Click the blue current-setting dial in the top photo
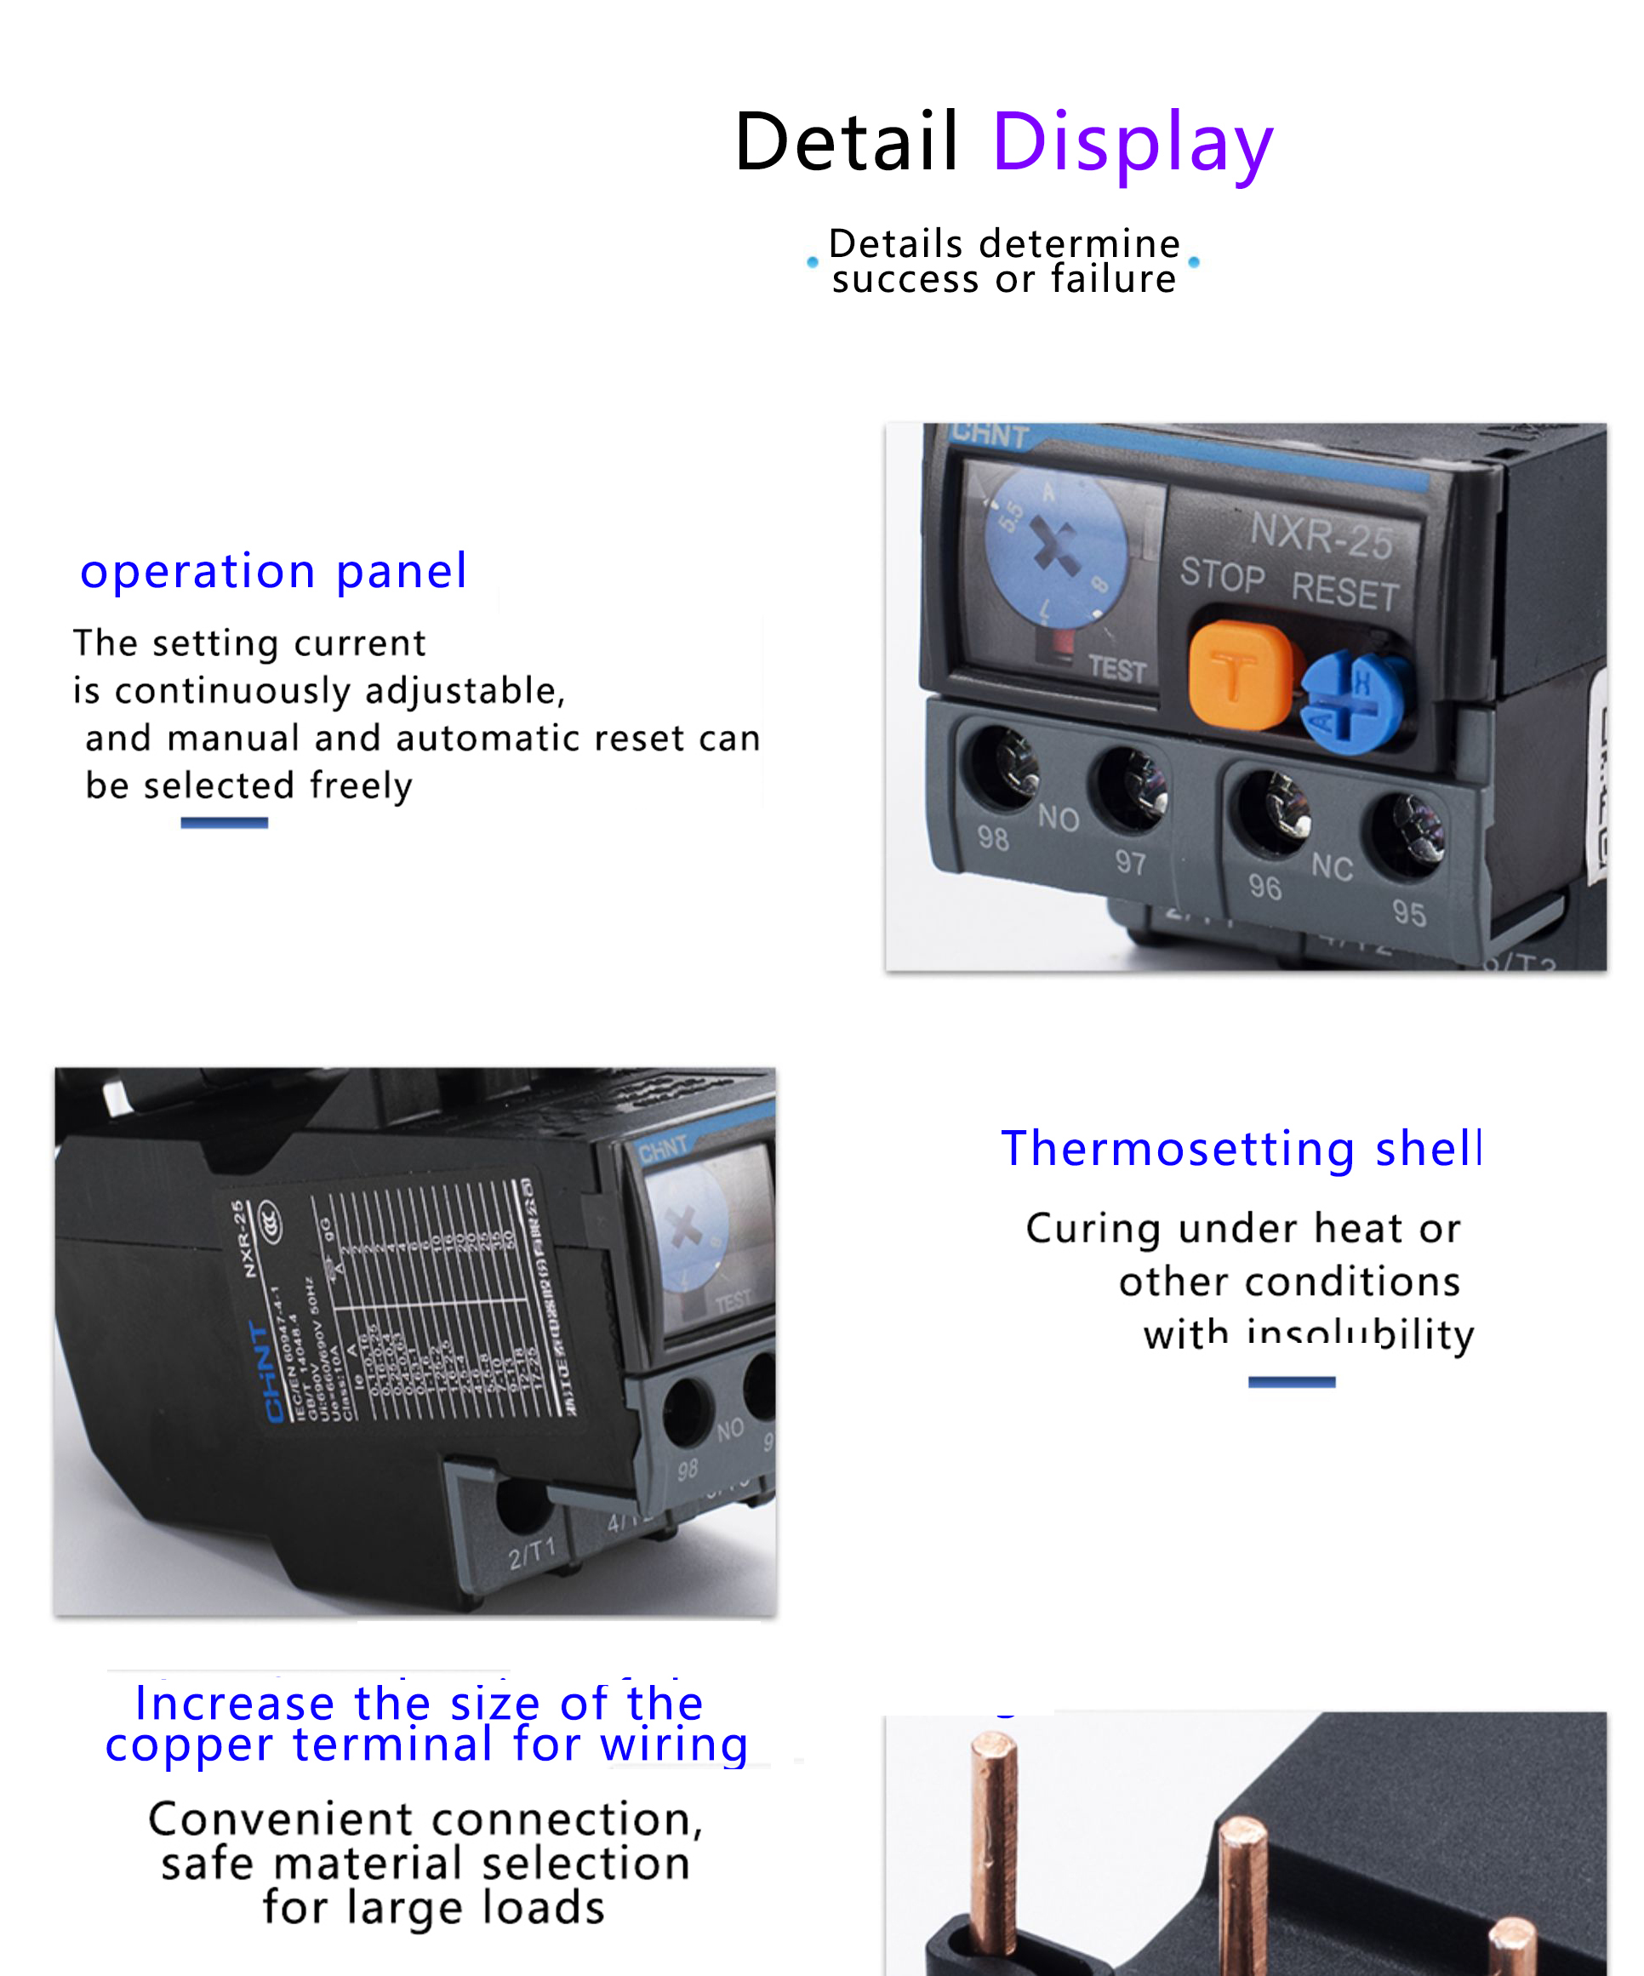pos(1056,549)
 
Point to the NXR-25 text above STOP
pos(1321,535)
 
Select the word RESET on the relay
pos(1344,591)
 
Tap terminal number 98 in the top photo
pos(993,837)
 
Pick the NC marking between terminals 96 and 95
pos(1332,865)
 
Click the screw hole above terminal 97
pos(1128,786)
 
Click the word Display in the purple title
pos(1132,142)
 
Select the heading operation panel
pos(273,570)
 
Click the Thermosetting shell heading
pos(1242,1148)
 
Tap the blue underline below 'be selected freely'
pos(224,822)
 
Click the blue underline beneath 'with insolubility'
pos(1291,1381)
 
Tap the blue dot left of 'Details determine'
pos(812,262)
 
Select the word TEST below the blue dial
pos(1117,669)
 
